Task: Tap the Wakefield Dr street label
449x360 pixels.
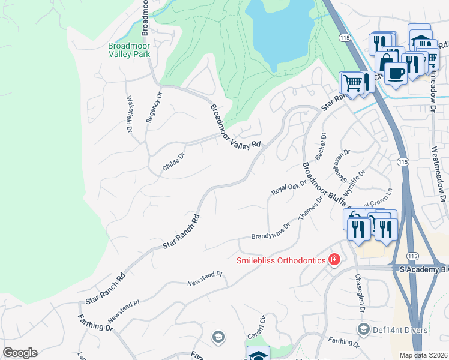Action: (x=129, y=115)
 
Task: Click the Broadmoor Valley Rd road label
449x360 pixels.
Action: (x=236, y=127)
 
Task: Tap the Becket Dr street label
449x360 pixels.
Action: (x=319, y=146)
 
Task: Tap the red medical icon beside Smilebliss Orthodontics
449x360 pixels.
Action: (x=334, y=260)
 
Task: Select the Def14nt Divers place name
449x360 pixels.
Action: (x=399, y=330)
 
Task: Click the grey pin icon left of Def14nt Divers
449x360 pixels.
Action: (x=363, y=329)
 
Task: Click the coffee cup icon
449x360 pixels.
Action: (x=394, y=73)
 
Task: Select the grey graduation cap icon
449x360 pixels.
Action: (x=217, y=338)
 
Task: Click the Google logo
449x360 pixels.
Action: (x=20, y=353)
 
